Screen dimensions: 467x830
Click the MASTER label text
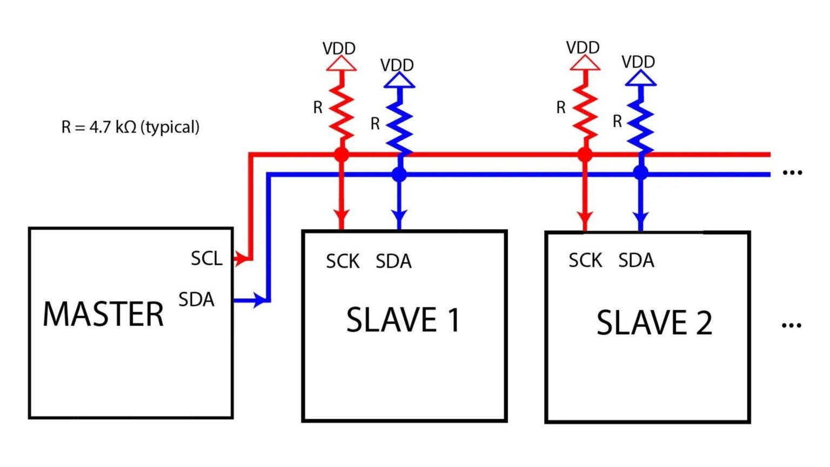103,314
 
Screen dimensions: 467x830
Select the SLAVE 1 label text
403,319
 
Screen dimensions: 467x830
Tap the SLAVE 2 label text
654,323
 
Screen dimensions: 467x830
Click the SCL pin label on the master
206,258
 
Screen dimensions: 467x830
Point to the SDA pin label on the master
196,299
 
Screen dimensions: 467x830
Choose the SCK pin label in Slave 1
343,262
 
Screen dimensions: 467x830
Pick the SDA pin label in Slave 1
393,262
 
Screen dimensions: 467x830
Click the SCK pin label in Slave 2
585,261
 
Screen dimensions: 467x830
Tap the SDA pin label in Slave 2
636,261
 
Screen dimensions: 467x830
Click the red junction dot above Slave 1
341,155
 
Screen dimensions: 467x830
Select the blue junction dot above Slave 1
399,175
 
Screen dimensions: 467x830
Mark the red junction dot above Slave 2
584,155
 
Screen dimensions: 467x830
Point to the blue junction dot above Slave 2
640,173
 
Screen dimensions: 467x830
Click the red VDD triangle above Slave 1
341,64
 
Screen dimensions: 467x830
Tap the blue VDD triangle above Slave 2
640,79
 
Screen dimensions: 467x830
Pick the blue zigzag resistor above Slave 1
399,127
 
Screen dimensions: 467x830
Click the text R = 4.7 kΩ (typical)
130,127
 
